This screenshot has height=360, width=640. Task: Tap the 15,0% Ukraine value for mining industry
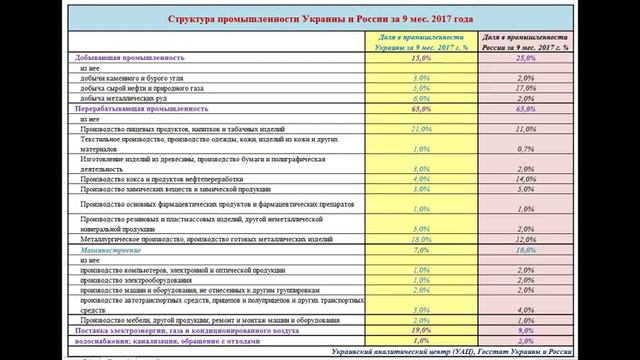393,57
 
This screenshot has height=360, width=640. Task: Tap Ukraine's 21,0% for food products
393,129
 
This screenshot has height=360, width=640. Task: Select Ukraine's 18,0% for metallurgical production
393,240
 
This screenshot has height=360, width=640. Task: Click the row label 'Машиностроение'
105,250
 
